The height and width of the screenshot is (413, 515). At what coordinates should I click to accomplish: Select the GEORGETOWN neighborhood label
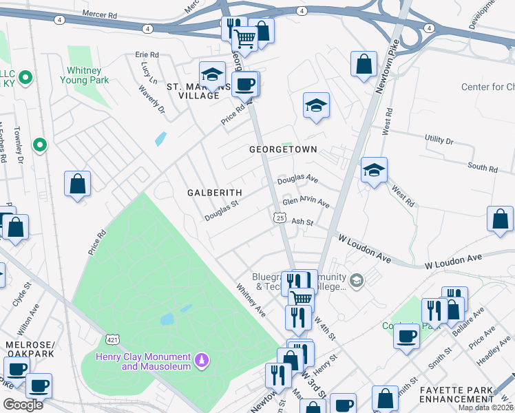point(283,149)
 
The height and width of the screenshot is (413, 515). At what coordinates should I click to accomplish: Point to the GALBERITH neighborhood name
point(214,193)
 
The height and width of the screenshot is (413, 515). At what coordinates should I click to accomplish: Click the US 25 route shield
point(280,218)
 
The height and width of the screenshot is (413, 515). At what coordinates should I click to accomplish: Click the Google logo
point(23,405)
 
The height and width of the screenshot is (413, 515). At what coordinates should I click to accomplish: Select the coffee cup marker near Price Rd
point(244,84)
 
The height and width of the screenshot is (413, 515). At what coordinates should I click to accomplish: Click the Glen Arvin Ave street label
point(306,203)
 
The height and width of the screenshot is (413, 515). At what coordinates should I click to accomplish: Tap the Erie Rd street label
point(147,54)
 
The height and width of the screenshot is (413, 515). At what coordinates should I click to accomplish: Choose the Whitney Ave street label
point(251,300)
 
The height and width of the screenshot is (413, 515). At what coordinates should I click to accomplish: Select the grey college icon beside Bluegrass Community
point(356,279)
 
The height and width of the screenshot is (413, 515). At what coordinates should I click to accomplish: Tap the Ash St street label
point(302,222)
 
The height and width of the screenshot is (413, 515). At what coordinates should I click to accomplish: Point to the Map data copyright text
point(486,407)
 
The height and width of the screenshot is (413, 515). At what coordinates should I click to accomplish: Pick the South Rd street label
point(482,167)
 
